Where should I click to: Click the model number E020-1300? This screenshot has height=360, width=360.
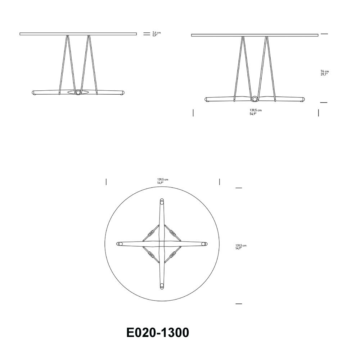(x=158, y=333)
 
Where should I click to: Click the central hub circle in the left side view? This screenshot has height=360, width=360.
(x=78, y=93)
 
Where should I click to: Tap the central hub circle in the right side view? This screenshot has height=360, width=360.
(x=255, y=99)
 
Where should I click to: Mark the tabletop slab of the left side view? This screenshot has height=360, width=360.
(x=78, y=34)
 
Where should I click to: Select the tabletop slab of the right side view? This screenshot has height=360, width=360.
(x=255, y=35)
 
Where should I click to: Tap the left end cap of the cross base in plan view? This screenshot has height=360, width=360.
(x=120, y=244)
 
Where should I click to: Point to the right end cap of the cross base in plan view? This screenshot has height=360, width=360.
(x=204, y=244)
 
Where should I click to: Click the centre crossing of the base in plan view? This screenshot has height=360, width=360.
(x=162, y=244)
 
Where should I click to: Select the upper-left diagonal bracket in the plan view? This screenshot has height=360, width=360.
(x=151, y=233)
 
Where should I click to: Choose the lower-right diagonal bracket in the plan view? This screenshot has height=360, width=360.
(x=173, y=255)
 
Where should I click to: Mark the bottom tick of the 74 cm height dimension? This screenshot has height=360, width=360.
(x=324, y=103)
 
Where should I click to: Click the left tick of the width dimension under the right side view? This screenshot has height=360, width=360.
(x=193, y=113)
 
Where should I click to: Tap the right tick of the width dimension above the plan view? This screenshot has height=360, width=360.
(x=220, y=182)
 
